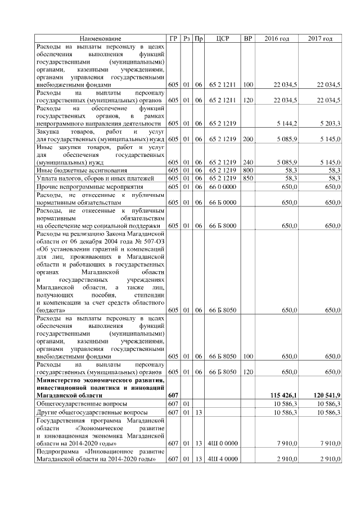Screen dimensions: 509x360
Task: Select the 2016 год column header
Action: (277, 38)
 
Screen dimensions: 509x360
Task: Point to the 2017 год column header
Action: (320, 38)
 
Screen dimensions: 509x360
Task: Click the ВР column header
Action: (247, 38)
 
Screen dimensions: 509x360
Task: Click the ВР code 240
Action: (247, 162)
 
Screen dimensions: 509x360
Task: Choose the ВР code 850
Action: (247, 178)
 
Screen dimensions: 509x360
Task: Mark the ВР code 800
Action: (247, 170)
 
